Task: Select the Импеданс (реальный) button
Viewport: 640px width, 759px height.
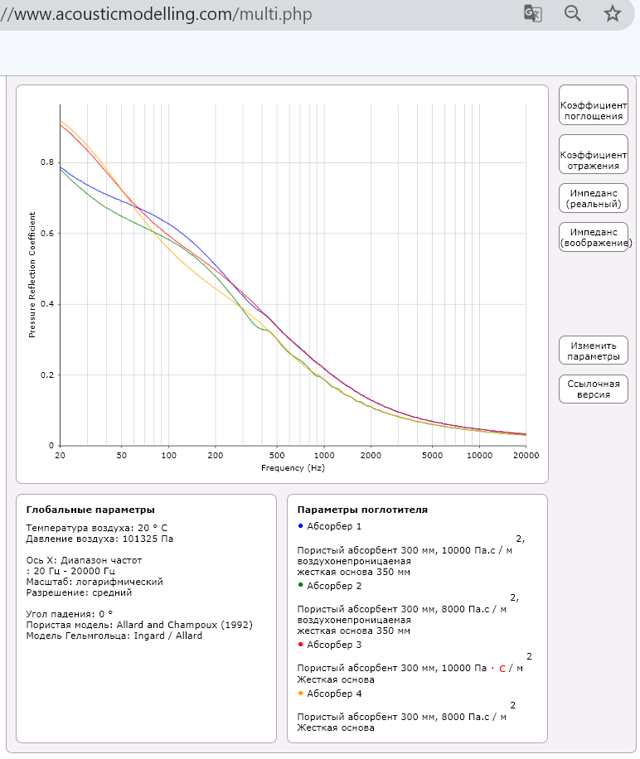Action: coord(593,197)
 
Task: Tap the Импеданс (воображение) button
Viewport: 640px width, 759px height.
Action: coord(593,237)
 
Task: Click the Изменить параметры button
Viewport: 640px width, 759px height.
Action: coord(593,350)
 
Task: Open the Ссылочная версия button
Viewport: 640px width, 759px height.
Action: coord(593,389)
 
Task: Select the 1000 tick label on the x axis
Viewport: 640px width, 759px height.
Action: coord(324,456)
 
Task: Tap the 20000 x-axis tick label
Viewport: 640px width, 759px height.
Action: coord(525,456)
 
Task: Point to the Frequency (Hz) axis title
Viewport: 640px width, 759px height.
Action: coord(293,467)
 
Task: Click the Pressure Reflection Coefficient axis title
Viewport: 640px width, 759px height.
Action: coord(32,276)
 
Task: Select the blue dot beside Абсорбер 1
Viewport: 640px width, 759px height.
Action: coord(299,526)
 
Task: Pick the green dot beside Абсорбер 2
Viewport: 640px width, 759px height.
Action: coord(299,586)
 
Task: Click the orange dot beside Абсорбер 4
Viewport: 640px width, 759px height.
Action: coord(299,694)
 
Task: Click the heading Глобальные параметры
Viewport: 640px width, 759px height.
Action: coord(90,510)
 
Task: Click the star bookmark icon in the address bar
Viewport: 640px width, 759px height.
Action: coord(612,13)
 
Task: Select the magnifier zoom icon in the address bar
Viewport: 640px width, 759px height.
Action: coord(572,13)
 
